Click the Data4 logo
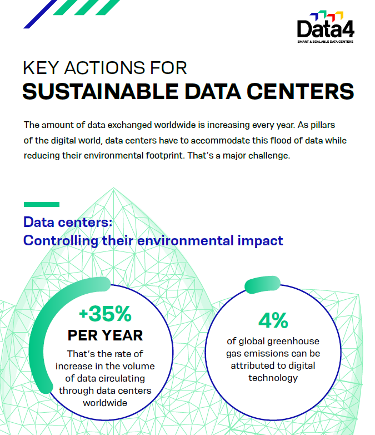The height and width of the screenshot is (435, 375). (325, 27)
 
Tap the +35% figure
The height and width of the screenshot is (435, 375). (105, 314)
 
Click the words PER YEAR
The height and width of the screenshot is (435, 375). (105, 335)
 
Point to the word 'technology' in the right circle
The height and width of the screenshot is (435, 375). (273, 378)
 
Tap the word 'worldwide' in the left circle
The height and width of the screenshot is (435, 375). (105, 402)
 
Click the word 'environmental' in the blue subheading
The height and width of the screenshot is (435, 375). (188, 241)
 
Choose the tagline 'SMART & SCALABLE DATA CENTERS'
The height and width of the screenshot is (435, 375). (325, 41)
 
